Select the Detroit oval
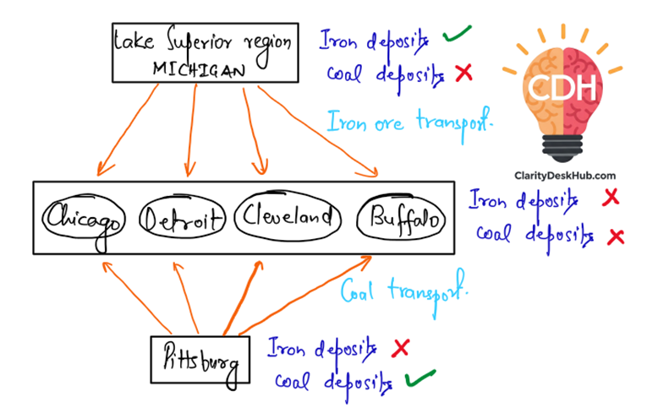(183, 220)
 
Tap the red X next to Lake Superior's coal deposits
(463, 73)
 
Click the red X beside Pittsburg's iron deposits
(401, 347)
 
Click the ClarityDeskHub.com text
(564, 176)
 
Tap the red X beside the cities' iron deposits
(609, 198)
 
